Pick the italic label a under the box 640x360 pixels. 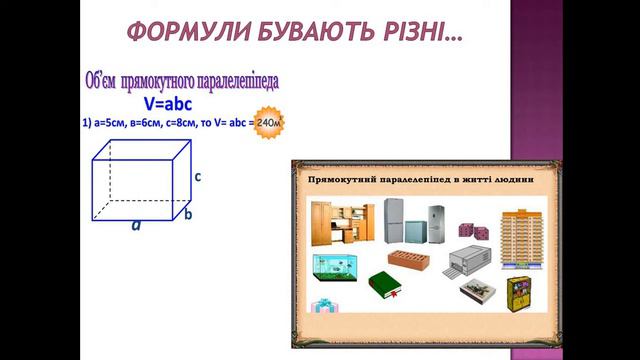pyautogui.click(x=136, y=226)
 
